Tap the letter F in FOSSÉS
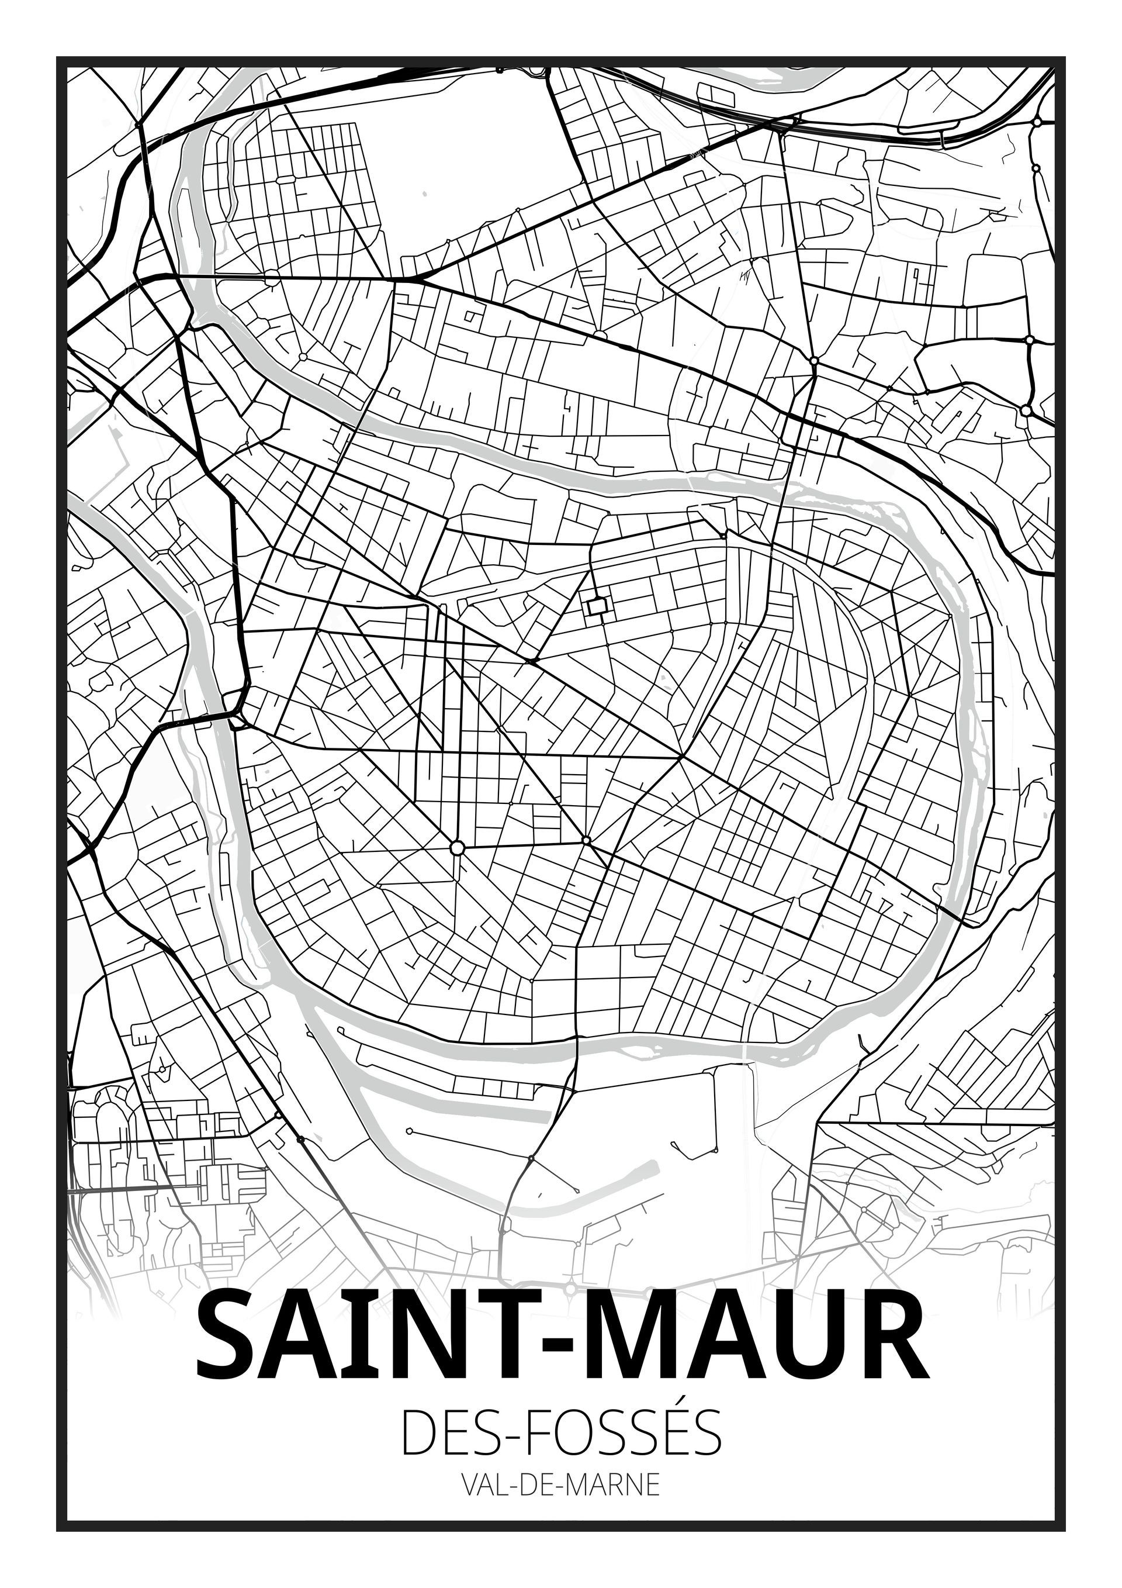pyautogui.click(x=540, y=1441)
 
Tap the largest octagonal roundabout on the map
pyautogui.click(x=456, y=847)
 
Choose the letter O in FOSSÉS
pyautogui.click(x=577, y=1441)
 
